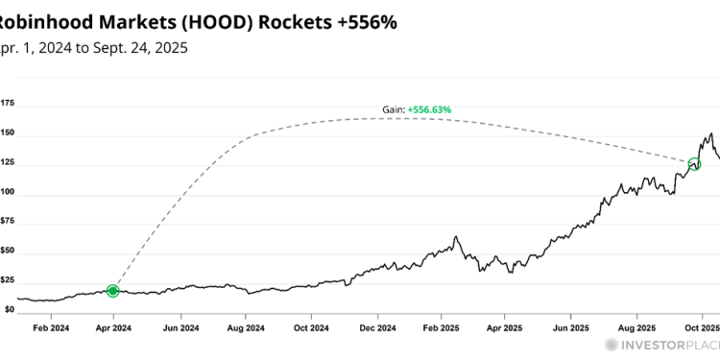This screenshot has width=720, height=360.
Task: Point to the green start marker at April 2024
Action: [x=113, y=290]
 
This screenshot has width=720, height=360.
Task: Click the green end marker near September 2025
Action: [x=694, y=164]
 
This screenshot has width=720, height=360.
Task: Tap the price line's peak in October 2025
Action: [x=710, y=133]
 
